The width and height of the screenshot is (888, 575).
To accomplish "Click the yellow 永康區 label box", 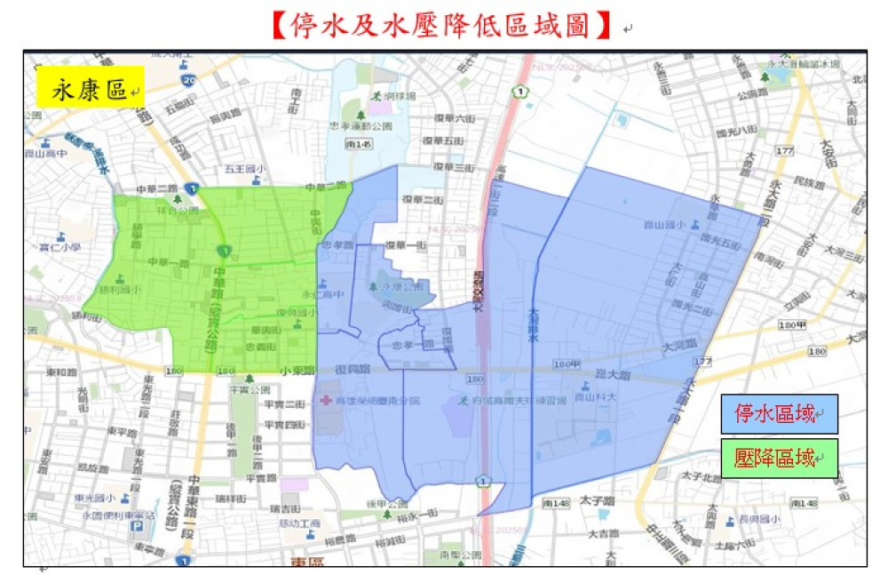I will (x=90, y=91).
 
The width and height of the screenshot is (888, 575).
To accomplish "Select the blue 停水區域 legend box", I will (x=779, y=413).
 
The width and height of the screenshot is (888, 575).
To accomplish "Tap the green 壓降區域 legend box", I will (x=779, y=458).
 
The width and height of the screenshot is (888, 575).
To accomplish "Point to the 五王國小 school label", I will (x=241, y=167).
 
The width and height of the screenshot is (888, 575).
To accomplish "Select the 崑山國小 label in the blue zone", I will (x=666, y=226).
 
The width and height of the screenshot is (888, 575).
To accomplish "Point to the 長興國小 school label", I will (x=762, y=519).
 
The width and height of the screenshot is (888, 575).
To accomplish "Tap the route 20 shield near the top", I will (x=188, y=81).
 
